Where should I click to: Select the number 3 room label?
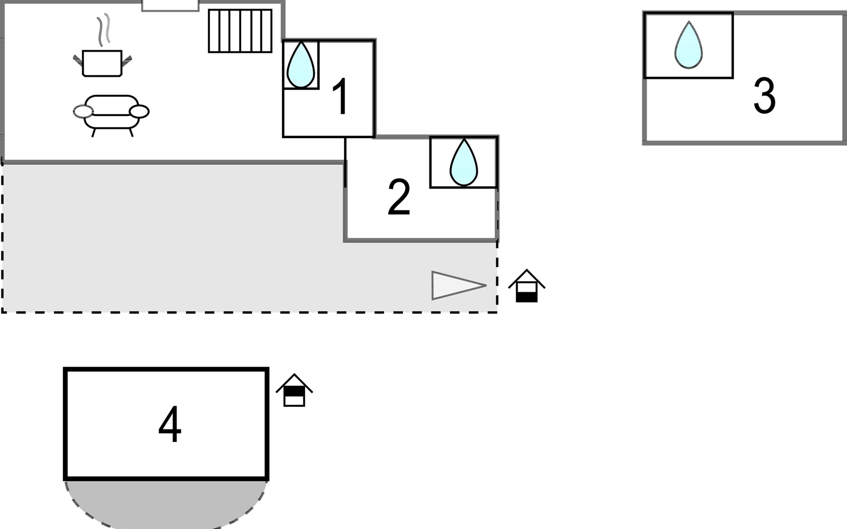pos(764,95)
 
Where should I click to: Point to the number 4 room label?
pos(170,424)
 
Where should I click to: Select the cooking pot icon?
pos(102,63)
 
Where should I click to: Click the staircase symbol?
pos(240,31)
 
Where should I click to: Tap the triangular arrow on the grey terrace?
pos(454,286)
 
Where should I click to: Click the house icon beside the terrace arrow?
pos(527,287)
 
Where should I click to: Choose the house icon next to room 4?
pos(294,391)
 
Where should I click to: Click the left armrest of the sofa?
pos(83,112)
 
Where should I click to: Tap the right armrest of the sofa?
pos(139,112)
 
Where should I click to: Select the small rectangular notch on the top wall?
pos(170,5)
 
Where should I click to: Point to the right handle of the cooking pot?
pos(127,61)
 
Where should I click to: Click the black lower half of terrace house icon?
pos(527,298)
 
